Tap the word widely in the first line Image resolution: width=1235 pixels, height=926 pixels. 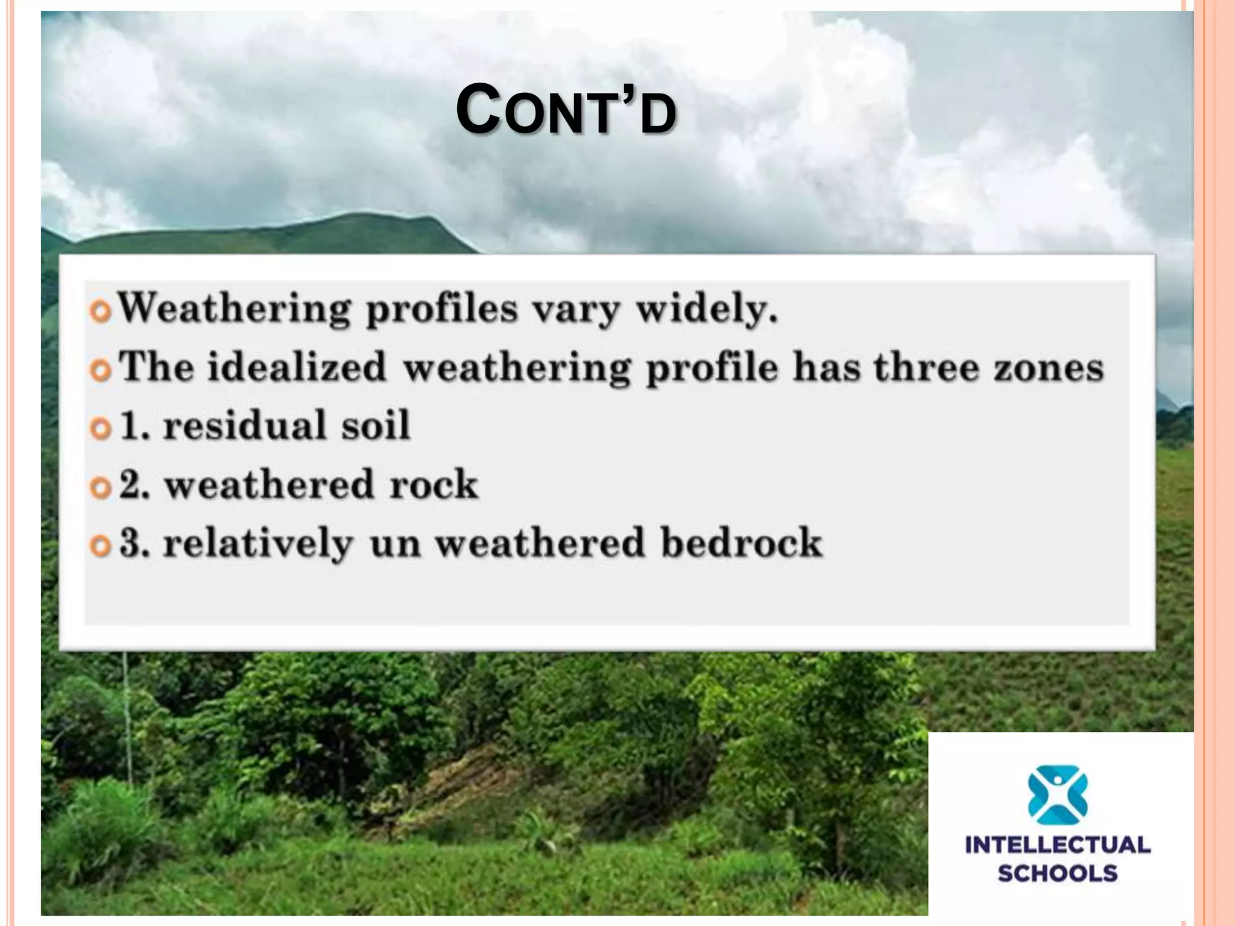(x=707, y=309)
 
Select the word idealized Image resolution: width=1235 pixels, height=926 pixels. (x=295, y=367)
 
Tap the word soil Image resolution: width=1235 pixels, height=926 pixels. (x=375, y=425)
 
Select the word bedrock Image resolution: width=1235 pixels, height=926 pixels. (x=741, y=543)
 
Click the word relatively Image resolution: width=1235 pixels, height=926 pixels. (x=257, y=543)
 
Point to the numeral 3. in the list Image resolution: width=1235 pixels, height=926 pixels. (x=134, y=543)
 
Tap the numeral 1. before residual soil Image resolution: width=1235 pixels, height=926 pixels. (x=134, y=425)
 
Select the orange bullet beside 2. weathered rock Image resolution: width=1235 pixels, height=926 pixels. (x=101, y=487)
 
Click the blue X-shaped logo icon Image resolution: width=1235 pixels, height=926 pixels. (x=1057, y=795)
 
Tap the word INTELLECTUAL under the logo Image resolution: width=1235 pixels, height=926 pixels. (x=1058, y=845)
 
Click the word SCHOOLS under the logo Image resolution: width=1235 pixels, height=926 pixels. (x=1058, y=874)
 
